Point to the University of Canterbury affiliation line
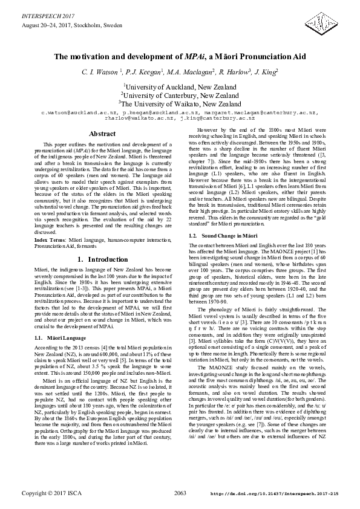180,95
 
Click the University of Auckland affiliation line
180,87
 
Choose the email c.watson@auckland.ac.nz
79,113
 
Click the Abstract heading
102,134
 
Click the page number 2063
180,494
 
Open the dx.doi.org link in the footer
273,494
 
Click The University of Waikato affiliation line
180,103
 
